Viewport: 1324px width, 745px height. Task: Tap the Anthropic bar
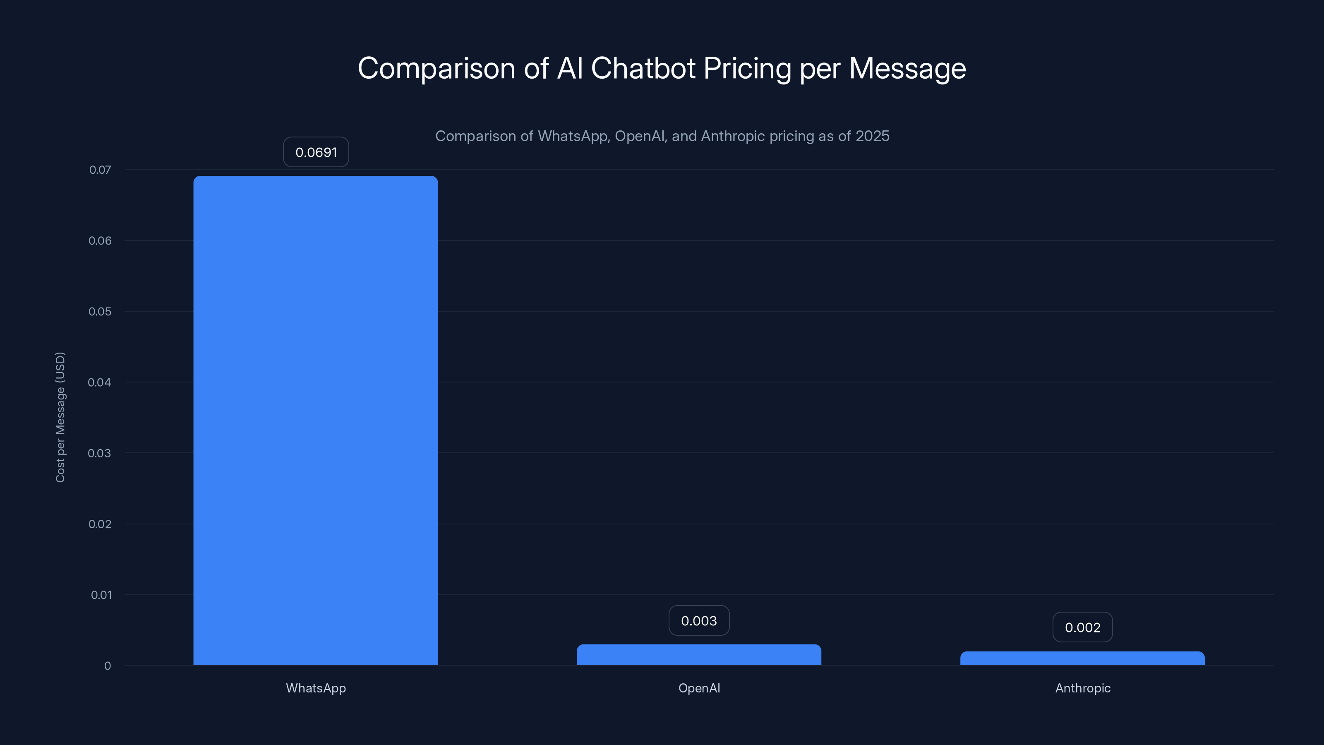pos(1082,658)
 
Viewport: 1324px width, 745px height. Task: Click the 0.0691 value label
pos(316,152)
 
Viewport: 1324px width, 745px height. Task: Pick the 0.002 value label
pos(1082,627)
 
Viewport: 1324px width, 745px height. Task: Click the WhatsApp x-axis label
pos(316,688)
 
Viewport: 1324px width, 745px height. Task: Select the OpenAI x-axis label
pos(699,688)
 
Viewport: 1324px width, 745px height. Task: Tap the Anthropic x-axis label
pos(1082,688)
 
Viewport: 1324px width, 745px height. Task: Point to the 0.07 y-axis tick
pos(100,170)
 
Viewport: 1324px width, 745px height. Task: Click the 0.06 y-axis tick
pos(100,240)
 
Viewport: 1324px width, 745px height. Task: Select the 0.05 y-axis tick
pos(100,312)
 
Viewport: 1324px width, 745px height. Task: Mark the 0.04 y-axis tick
pos(100,382)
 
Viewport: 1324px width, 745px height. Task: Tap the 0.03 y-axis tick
pos(100,453)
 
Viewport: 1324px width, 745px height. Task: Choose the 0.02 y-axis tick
pos(100,524)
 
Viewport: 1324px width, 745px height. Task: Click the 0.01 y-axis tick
pos(101,595)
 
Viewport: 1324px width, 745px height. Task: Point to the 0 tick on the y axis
pos(108,666)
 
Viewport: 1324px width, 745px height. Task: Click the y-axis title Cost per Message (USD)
pos(60,417)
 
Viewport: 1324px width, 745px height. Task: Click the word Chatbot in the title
pos(643,68)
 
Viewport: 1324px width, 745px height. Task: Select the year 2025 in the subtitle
pos(872,136)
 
